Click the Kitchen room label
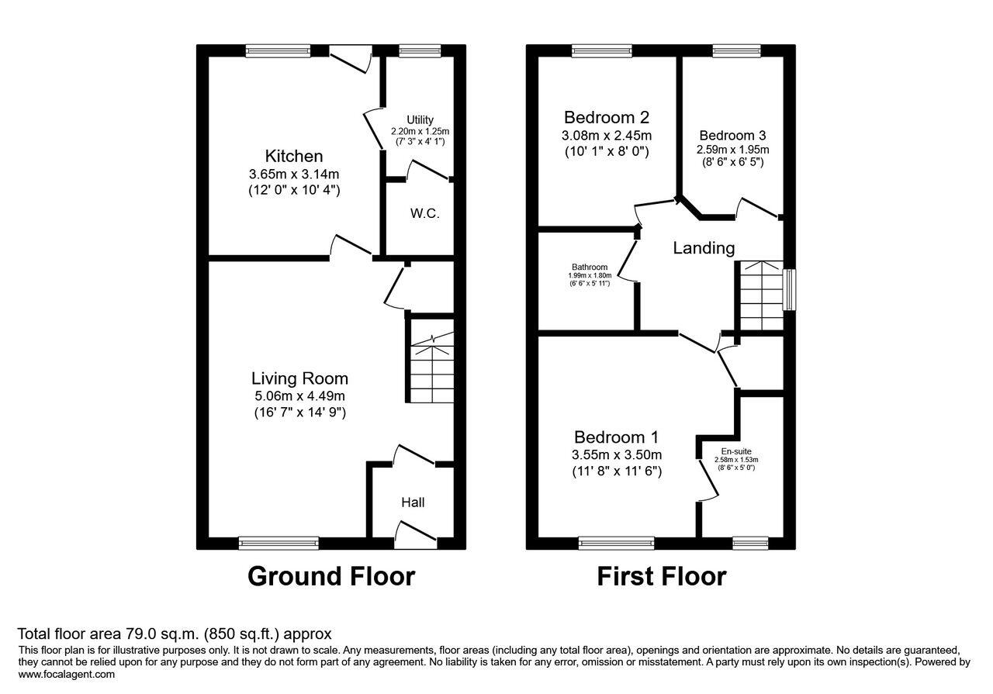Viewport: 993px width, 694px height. pos(293,156)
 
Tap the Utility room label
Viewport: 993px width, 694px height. pos(420,119)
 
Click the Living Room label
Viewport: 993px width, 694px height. pos(299,378)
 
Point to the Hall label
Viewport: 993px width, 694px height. pos(413,502)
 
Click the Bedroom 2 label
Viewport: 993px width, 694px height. pos(606,118)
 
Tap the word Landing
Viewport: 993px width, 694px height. pos(703,248)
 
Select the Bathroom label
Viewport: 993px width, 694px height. pos(590,267)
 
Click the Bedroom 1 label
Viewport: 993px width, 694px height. pos(617,437)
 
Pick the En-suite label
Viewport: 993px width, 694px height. pos(735,451)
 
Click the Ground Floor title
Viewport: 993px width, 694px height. pos(331,576)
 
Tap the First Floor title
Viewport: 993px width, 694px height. pos(661,576)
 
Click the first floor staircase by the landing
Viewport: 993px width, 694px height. pos(761,295)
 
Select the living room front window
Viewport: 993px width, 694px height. pos(279,543)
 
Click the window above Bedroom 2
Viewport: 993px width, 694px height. pos(602,51)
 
